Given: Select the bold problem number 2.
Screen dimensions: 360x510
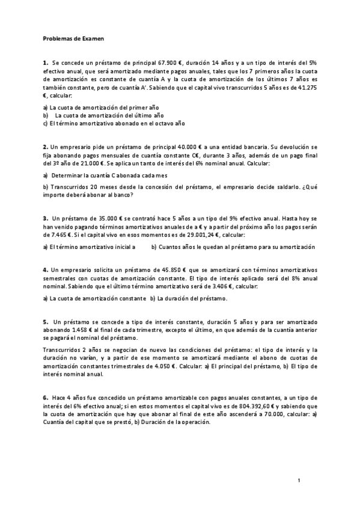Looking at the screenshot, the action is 45,146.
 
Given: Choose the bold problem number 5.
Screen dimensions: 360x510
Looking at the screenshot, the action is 45,322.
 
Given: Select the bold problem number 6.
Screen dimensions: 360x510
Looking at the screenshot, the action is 45,398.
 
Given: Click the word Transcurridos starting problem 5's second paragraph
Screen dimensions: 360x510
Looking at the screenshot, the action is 63,348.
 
